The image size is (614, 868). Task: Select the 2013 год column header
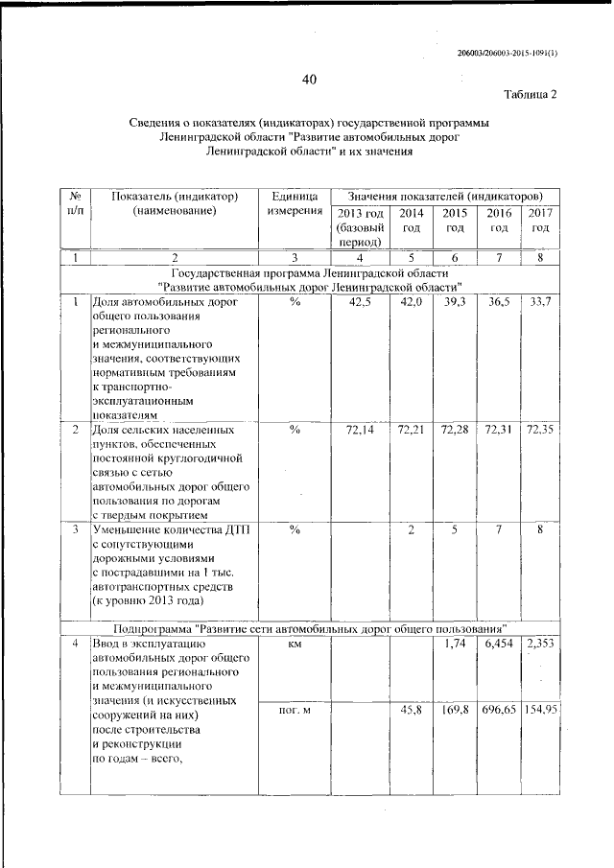point(361,227)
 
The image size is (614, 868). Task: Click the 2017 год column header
point(540,220)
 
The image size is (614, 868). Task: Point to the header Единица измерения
point(295,204)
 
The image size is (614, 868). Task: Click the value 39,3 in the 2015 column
point(455,302)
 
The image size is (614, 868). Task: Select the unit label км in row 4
point(295,644)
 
